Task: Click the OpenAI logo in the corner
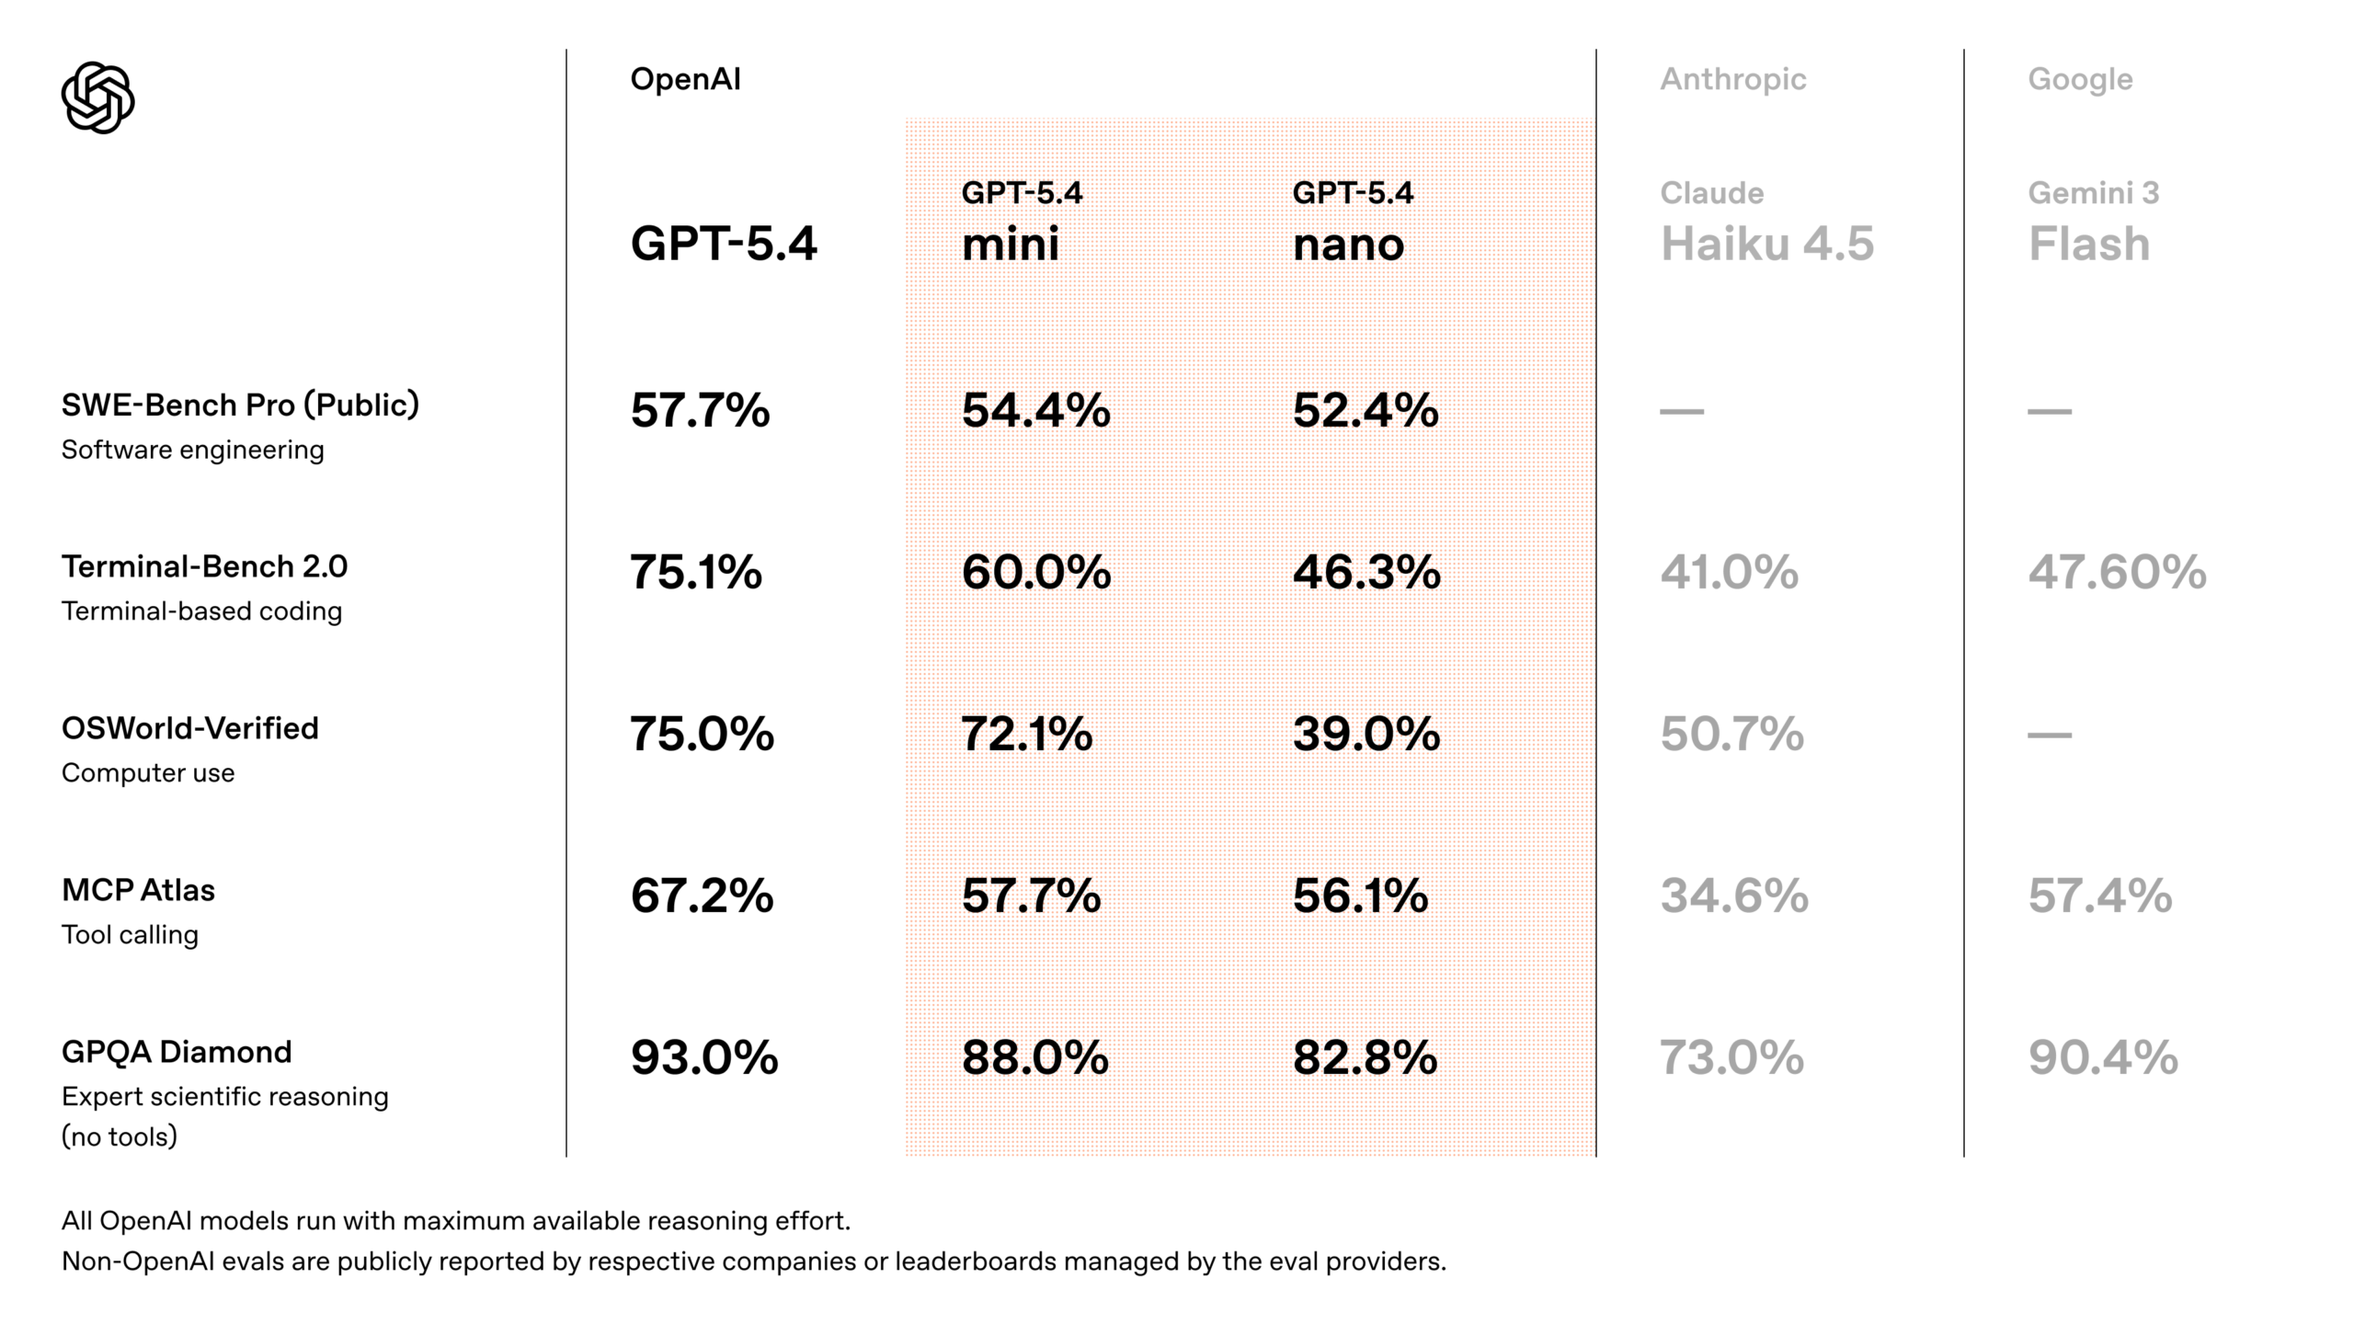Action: (97, 97)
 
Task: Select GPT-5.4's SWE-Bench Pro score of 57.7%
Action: (700, 410)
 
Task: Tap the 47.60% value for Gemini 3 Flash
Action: (2117, 572)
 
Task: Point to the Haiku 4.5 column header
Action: (1766, 245)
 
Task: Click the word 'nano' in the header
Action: (1348, 245)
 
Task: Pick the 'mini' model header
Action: (1010, 245)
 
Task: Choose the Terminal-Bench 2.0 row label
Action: (204, 566)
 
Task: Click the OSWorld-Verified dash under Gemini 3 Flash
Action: (2050, 735)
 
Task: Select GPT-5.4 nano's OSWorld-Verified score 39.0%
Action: (1366, 734)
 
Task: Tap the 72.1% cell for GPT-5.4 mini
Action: (1026, 734)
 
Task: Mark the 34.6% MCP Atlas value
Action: (1733, 896)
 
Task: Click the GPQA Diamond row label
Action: (177, 1052)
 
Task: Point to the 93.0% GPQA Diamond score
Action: (703, 1057)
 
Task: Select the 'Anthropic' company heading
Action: (1732, 79)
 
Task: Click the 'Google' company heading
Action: (2080, 79)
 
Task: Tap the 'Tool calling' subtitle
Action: (130, 935)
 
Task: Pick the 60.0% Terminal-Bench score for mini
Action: (1036, 572)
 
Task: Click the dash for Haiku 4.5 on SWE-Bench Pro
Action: (1682, 411)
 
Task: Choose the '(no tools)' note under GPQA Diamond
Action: (120, 1137)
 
